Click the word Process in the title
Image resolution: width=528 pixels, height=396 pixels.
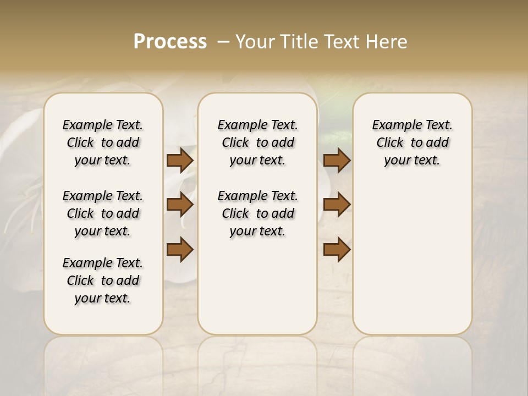(170, 42)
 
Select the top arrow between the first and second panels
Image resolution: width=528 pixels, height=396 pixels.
(180, 160)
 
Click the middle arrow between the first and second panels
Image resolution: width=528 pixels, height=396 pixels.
(180, 205)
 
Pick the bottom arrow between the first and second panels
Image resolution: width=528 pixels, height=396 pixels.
(180, 249)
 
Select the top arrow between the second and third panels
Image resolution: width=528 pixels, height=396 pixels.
(337, 160)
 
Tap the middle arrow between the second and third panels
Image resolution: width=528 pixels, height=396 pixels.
(337, 205)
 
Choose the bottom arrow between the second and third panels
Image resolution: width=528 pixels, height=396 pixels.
(337, 249)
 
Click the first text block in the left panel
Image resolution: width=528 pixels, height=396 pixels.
(103, 142)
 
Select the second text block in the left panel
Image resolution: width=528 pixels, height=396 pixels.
(103, 213)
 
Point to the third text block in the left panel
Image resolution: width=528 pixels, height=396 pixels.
(103, 280)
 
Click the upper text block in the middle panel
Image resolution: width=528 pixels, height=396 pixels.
(257, 142)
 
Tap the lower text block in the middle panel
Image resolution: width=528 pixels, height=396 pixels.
(257, 213)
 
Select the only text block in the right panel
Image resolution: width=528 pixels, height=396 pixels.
(412, 142)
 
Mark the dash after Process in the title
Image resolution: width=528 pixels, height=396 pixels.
(223, 42)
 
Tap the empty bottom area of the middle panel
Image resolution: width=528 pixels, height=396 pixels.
(257, 291)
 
